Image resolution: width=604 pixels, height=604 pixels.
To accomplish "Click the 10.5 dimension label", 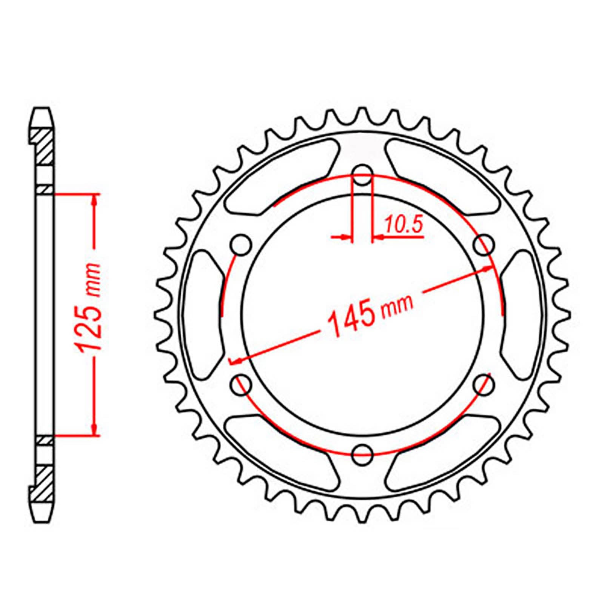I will point(403,226).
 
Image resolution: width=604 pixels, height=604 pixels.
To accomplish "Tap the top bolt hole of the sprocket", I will point(362,175).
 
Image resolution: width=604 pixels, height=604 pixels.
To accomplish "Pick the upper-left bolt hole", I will point(241,245).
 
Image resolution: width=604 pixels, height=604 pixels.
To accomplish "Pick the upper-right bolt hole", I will point(484,245).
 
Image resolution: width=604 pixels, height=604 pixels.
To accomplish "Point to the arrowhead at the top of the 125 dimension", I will point(94,200).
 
